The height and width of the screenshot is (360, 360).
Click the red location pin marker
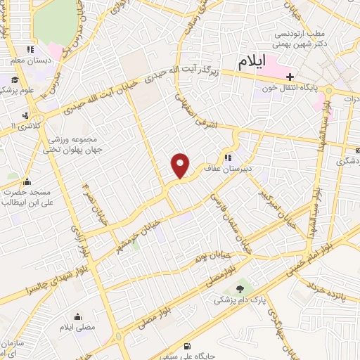181,166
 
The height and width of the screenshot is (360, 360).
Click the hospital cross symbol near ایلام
289,75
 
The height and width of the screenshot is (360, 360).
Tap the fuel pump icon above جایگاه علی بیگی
186,345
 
